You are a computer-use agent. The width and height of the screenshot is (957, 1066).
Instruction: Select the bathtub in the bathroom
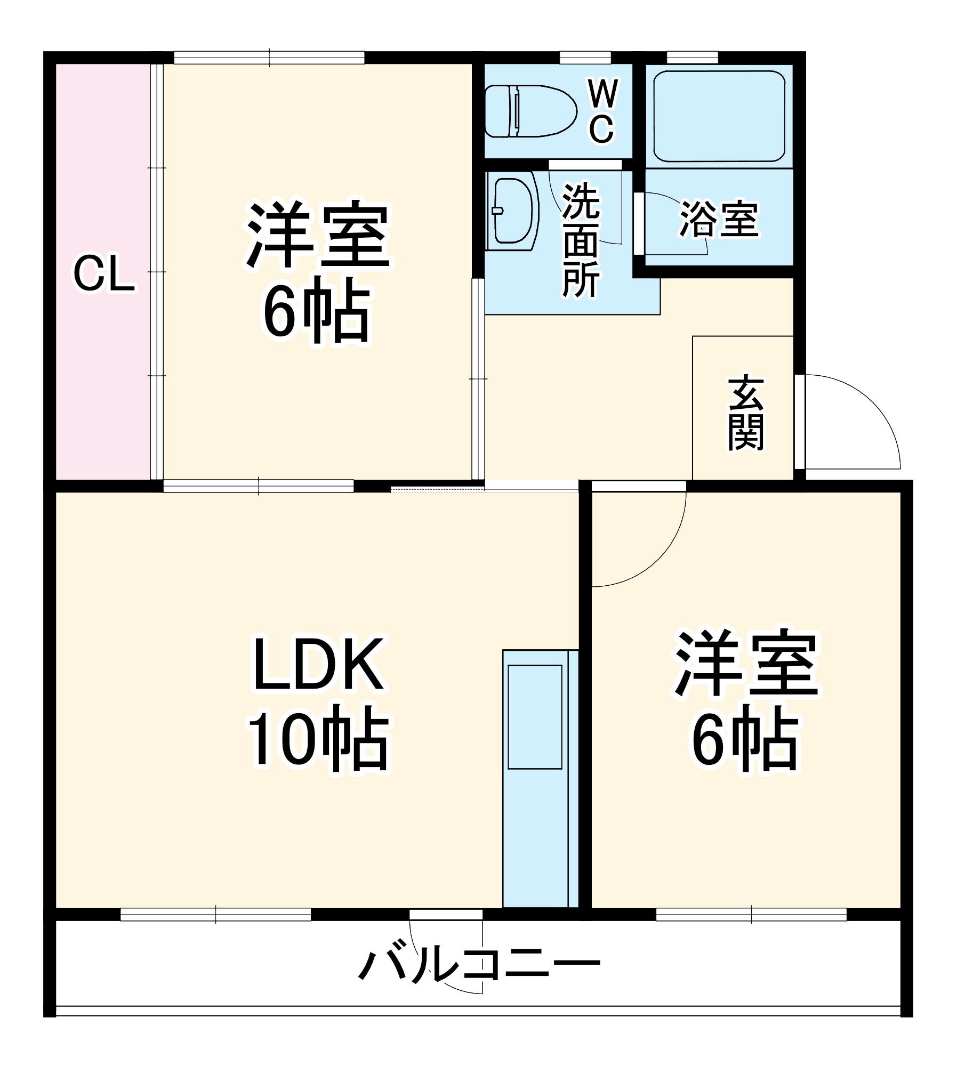tap(719, 116)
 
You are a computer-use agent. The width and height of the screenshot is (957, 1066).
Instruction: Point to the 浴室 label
tap(719, 219)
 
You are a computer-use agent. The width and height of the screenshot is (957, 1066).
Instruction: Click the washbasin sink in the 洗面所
tap(513, 211)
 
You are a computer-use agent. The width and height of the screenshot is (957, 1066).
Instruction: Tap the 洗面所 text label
tap(581, 240)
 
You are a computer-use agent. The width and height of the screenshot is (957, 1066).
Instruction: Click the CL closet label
tap(103, 275)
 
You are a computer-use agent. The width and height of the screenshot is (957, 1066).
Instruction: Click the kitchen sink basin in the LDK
tap(535, 717)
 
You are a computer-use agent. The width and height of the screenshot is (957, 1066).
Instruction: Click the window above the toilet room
tap(585, 57)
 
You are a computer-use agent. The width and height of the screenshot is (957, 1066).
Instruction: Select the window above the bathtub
tap(692, 57)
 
